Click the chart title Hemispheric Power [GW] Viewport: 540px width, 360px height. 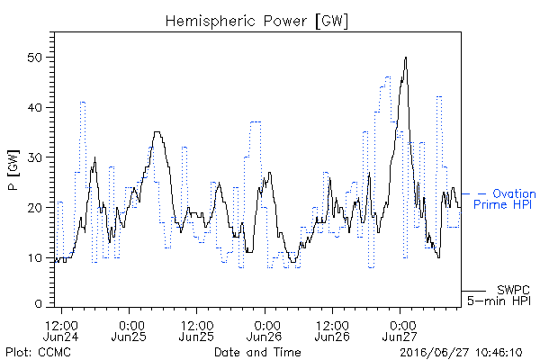coord(256,21)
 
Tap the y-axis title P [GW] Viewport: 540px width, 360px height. coord(13,170)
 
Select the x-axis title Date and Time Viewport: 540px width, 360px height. coord(257,352)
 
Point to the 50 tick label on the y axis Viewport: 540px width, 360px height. coord(34,58)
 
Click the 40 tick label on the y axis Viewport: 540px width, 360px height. coord(34,107)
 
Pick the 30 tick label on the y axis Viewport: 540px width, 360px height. coord(34,157)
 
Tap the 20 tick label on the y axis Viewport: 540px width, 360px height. coord(34,208)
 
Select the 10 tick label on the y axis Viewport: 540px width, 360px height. coord(34,257)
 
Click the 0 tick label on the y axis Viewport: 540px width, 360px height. coord(38,304)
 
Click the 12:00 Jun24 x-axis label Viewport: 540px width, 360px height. coord(61,330)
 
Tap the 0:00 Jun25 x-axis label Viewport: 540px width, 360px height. coord(129,330)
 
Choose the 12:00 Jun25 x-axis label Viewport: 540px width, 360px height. coord(196,330)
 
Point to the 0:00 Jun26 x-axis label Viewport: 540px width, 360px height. coord(265,330)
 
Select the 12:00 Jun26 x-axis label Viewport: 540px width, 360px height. coord(332,330)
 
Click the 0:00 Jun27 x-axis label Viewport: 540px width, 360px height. coord(400,330)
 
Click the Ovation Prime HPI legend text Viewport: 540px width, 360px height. coord(505,199)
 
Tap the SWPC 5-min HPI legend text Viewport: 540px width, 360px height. coord(499,295)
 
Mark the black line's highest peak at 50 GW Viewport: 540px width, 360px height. coord(406,58)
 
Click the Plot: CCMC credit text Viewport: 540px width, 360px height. coord(38,352)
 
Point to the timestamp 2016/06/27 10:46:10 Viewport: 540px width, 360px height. coord(461,353)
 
